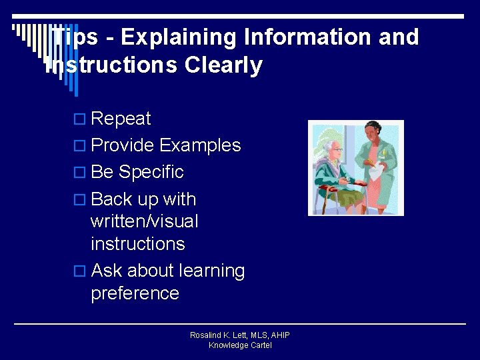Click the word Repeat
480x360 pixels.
pos(121,119)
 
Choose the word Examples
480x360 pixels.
pos(200,145)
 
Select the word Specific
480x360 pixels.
pos(151,172)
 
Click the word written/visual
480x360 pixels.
pos(144,221)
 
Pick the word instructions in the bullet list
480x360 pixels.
pos(137,244)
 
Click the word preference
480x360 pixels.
pos(135,293)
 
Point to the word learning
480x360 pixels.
pos(211,271)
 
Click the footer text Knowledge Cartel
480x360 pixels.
pos(240,345)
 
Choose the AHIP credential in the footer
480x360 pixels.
pos(279,335)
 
